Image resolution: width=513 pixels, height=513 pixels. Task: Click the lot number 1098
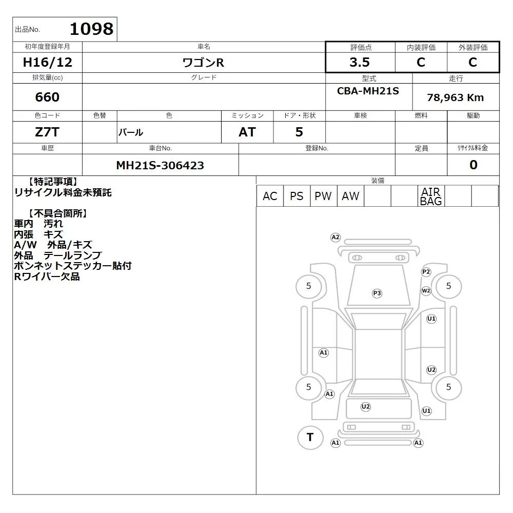92,29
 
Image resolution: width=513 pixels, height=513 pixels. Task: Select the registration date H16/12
47,62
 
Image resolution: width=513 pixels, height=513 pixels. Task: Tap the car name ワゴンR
203,63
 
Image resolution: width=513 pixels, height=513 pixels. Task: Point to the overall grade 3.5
360,62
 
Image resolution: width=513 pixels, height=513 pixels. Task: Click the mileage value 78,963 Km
455,97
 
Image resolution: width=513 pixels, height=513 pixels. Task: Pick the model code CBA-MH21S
368,91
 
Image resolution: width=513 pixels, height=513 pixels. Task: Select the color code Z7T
47,132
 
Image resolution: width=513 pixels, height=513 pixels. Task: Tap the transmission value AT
247,132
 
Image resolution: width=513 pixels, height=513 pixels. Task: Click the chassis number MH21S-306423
160,165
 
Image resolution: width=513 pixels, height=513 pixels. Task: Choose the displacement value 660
47,97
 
